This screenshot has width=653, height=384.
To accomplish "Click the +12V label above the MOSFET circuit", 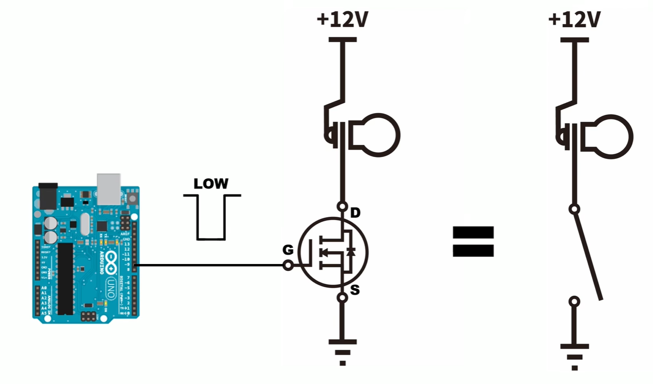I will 342,20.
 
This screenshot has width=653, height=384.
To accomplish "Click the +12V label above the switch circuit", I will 574,20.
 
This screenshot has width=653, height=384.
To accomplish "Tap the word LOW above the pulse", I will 211,183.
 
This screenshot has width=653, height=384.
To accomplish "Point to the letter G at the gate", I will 288,250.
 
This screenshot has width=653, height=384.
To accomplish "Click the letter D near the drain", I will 355,213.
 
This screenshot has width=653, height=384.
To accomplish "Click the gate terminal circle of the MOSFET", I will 288,265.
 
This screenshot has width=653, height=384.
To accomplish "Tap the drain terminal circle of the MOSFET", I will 342,206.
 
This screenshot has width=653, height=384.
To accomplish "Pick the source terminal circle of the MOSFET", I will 342,298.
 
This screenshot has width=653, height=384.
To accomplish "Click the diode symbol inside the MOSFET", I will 351,252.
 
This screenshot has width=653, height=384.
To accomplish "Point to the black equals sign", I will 473,242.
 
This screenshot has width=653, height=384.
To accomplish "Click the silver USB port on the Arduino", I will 109,189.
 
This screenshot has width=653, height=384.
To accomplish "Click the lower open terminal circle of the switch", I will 574,302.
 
